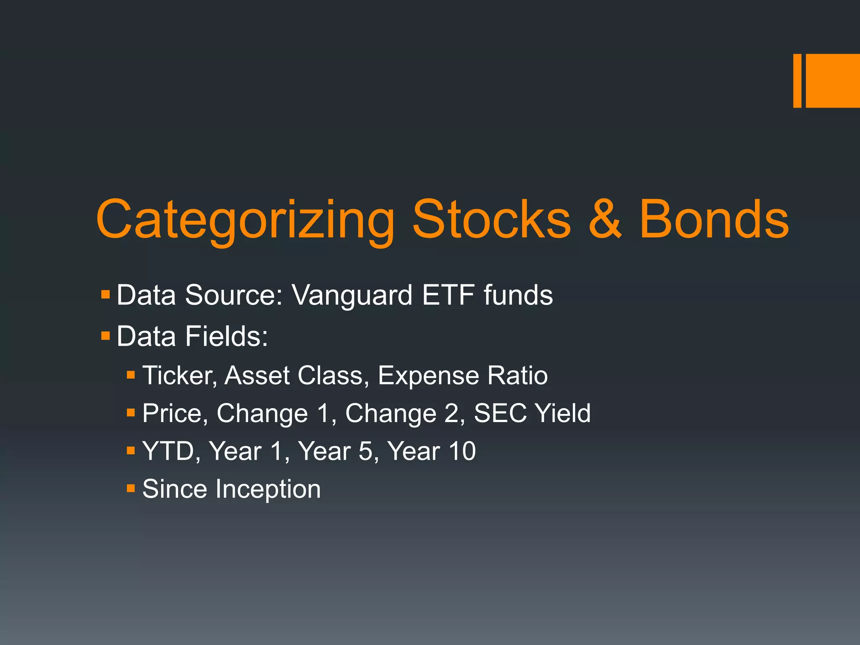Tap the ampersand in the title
pyautogui.click(x=605, y=220)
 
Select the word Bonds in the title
pyautogui.click(x=713, y=220)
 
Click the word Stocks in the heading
pyautogui.click(x=491, y=220)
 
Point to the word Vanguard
pyautogui.click(x=352, y=296)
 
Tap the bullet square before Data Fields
pyautogui.click(x=105, y=336)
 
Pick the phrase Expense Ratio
pyautogui.click(x=462, y=375)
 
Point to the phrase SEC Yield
pyautogui.click(x=532, y=413)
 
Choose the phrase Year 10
pyautogui.click(x=431, y=451)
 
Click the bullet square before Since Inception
pyautogui.click(x=131, y=488)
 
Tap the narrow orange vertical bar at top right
pyautogui.click(x=797, y=81)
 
